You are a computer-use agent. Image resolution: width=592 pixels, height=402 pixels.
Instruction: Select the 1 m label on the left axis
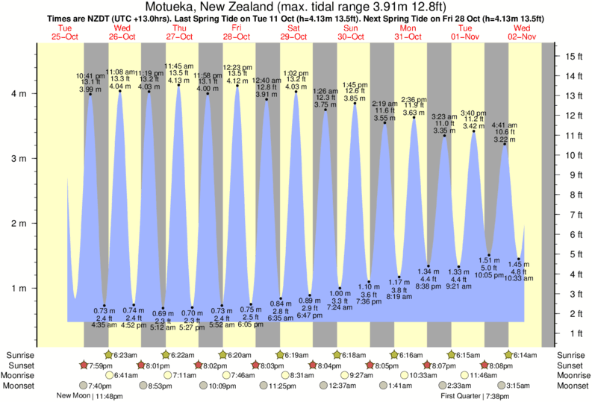tap(19, 288)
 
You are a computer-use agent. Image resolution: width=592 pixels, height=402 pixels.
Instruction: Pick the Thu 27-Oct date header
tap(178, 32)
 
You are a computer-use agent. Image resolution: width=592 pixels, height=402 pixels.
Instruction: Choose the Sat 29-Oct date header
tap(293, 32)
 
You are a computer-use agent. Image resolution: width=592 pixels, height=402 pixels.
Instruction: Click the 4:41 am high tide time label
tap(505, 125)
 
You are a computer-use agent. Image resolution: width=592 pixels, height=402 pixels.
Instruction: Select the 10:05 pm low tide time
tap(489, 275)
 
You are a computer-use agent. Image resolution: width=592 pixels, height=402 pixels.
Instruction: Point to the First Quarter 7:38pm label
tap(478, 396)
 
